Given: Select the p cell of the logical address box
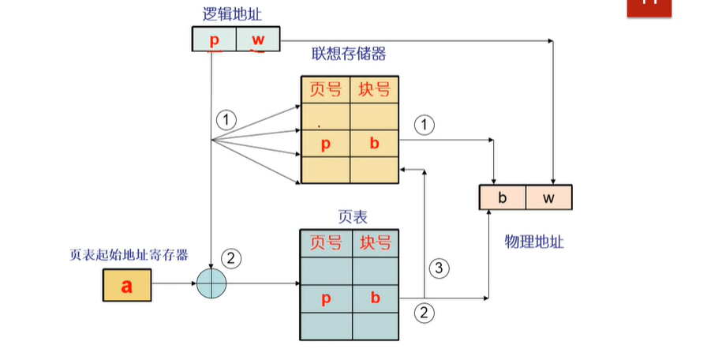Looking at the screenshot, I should click(214, 39).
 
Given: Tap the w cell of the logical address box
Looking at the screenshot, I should click(258, 39).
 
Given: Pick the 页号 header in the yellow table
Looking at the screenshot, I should click(326, 90).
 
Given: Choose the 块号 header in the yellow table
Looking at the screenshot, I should click(375, 90).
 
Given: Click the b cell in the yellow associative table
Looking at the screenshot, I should click(375, 144).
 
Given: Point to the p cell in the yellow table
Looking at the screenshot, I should click(325, 144).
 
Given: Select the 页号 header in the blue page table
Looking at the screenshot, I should click(326, 243).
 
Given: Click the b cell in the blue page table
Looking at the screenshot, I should click(376, 298).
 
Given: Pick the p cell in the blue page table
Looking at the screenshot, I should click(325, 298).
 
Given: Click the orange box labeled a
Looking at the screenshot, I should click(126, 285).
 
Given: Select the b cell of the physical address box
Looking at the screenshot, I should click(502, 197).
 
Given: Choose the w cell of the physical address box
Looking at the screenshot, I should click(548, 197).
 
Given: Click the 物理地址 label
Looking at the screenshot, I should click(534, 241).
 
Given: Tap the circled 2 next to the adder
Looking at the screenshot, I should click(232, 257).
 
